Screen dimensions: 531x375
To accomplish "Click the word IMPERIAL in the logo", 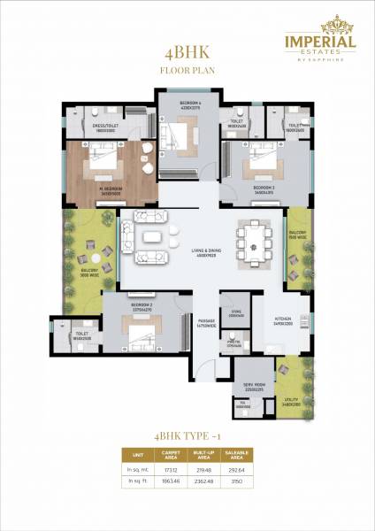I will click(x=319, y=41).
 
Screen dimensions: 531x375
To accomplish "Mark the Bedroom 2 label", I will click(x=142, y=306).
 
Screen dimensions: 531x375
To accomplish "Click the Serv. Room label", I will click(x=253, y=385).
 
